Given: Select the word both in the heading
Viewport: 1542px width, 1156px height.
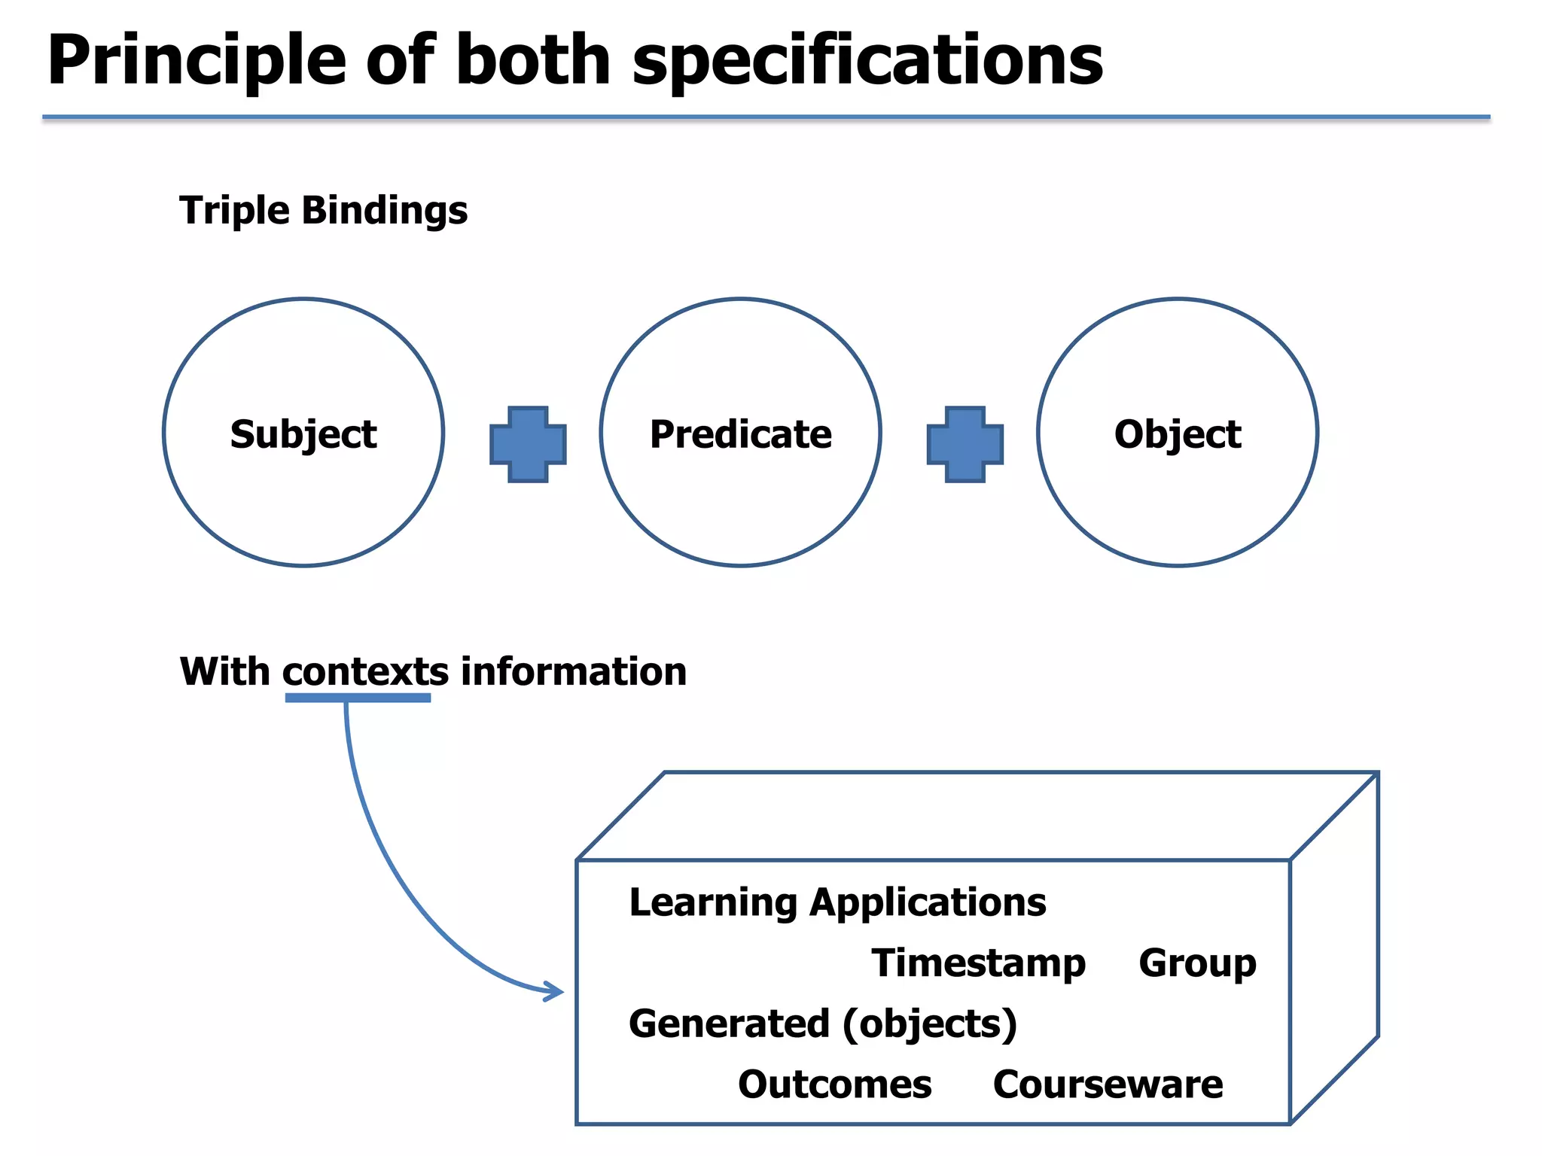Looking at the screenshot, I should tap(532, 60).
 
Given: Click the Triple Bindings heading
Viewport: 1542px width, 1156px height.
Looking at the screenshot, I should tap(323, 210).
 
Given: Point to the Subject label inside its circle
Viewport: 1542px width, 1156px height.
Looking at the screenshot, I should tap(303, 434).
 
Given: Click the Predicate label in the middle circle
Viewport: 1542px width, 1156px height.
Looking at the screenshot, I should tap(741, 434).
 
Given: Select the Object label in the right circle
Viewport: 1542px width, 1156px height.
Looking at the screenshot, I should tap(1178, 434).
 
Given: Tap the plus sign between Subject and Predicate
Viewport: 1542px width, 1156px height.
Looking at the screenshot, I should tap(528, 444).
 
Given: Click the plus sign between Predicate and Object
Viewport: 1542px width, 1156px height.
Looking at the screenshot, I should tap(965, 444).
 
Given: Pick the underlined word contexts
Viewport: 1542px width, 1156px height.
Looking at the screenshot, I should tap(366, 671).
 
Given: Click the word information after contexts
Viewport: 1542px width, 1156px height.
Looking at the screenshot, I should tap(573, 671).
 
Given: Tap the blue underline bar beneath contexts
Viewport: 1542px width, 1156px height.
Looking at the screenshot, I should tap(358, 698).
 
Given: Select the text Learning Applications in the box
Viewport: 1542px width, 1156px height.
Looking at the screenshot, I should tap(837, 902).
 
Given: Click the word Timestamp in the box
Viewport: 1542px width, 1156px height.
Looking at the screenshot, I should tap(978, 963).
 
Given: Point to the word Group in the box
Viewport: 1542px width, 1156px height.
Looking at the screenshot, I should tap(1197, 963).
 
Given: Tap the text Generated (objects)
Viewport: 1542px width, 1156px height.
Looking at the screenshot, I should tap(823, 1024).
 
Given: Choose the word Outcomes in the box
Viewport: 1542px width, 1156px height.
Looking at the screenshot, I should tap(834, 1085).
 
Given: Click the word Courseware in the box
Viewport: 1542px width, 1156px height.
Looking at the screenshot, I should tap(1108, 1085).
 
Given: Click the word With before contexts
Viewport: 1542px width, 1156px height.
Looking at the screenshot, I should tap(224, 671).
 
